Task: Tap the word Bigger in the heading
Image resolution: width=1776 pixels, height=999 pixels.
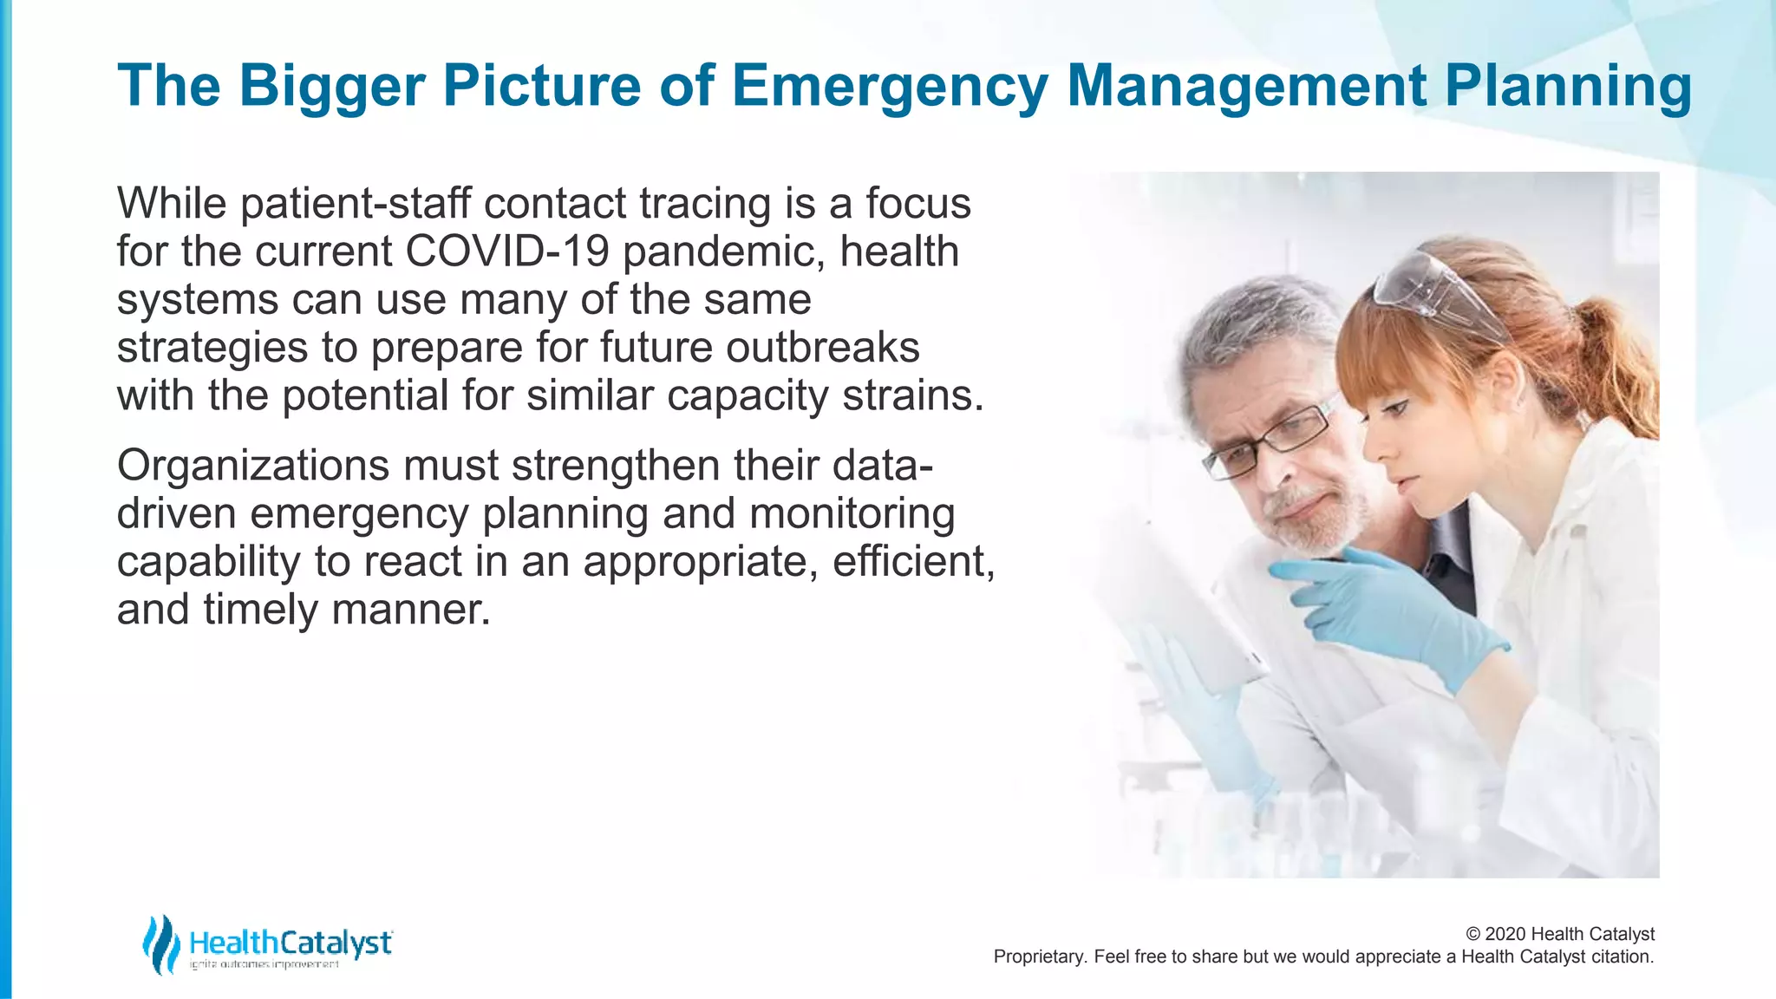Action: click(331, 87)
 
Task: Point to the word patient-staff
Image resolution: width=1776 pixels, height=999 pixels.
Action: click(356, 204)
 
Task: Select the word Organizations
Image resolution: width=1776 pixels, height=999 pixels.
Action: click(252, 466)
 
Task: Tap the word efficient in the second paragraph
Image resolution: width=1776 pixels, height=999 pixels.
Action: click(911, 561)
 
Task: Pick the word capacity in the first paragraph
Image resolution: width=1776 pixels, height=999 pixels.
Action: click(748, 395)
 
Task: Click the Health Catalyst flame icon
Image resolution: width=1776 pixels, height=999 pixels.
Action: click(160, 943)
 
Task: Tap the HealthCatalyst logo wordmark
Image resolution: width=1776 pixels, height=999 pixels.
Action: click(291, 943)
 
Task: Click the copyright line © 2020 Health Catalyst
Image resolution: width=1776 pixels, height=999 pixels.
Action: click(1559, 934)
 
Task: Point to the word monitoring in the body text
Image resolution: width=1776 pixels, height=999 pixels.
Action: click(852, 513)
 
